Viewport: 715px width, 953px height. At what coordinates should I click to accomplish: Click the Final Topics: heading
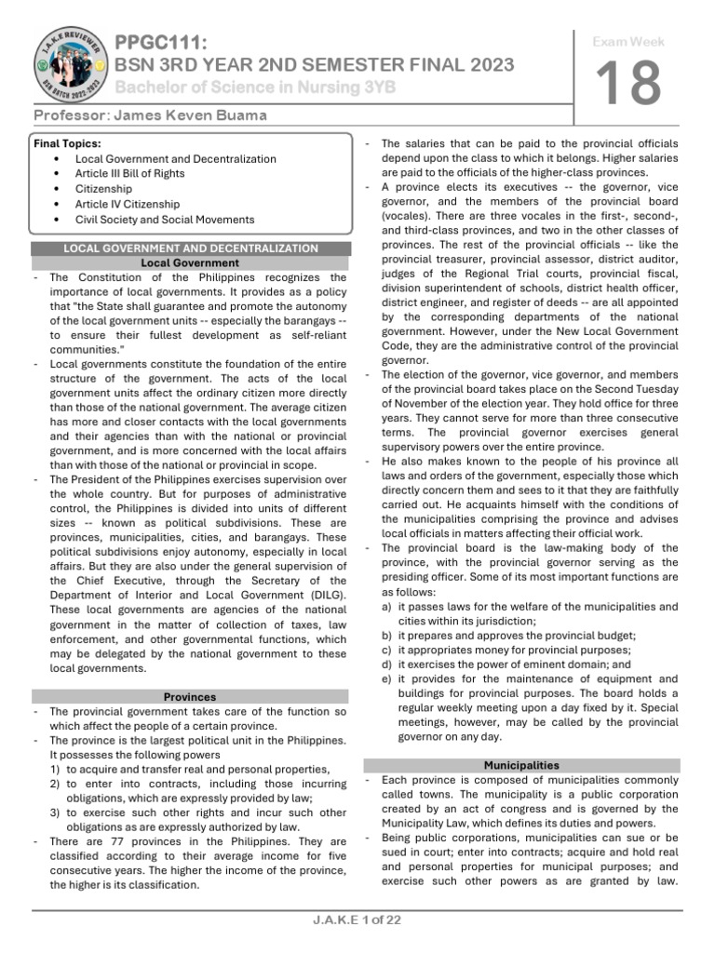[68, 143]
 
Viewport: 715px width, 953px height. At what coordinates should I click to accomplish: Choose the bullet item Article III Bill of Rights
[129, 174]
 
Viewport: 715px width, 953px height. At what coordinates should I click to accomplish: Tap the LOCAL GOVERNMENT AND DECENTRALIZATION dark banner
[190, 248]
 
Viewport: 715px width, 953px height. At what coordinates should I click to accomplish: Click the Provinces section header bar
[190, 696]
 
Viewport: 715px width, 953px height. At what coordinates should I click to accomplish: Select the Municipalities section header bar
[521, 765]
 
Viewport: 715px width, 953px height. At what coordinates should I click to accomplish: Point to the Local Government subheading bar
[190, 262]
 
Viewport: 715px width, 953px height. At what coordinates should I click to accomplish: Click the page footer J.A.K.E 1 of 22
[357, 920]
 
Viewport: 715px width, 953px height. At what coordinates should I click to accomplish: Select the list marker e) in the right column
[386, 679]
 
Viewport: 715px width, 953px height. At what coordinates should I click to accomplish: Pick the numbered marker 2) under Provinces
[57, 785]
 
